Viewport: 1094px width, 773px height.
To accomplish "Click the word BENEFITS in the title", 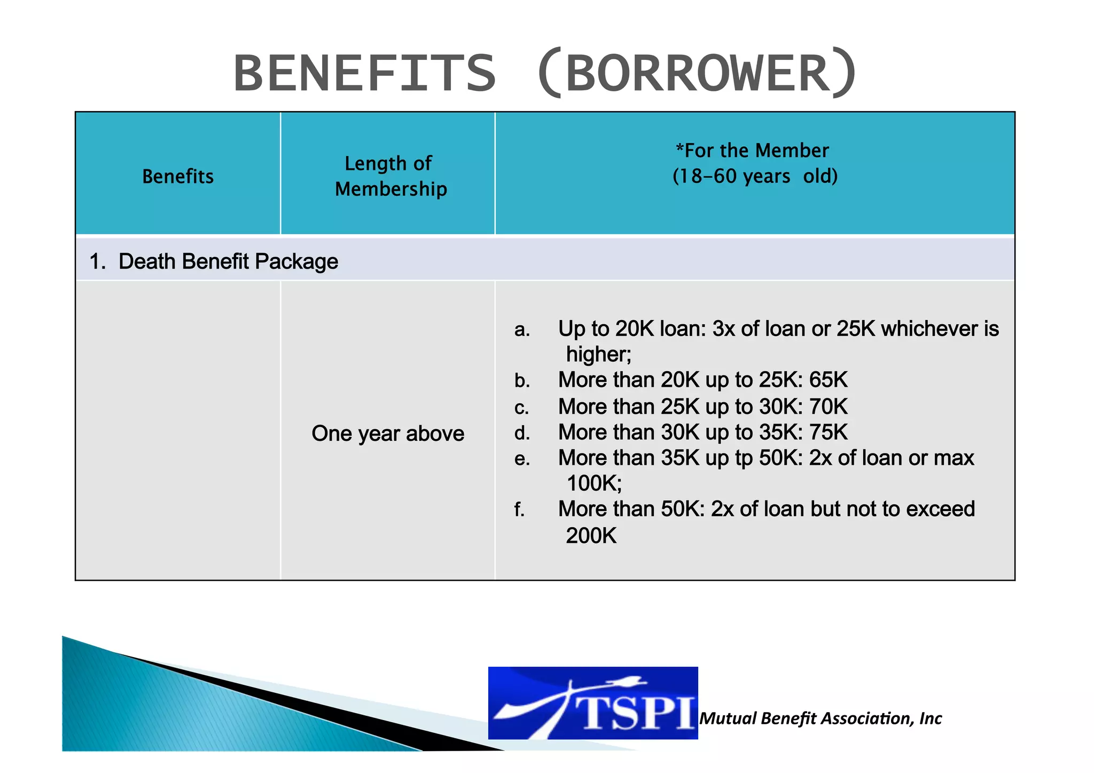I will pos(365,73).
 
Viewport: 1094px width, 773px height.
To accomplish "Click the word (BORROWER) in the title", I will pos(697,73).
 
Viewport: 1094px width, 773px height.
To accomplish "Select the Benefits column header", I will pos(178,176).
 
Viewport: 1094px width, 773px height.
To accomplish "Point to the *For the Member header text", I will pos(752,151).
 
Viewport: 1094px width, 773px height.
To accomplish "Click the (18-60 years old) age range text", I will pos(755,176).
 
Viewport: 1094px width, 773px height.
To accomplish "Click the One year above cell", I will pos(388,433).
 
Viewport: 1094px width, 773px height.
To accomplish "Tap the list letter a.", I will pos(522,330).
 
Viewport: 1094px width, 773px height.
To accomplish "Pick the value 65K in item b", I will pos(828,380).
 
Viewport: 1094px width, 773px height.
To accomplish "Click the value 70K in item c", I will pos(828,407).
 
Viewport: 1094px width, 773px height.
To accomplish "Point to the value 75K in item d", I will pos(828,432).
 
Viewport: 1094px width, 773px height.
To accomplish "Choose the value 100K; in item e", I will pos(594,483).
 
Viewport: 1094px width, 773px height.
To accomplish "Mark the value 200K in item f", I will pos(591,535).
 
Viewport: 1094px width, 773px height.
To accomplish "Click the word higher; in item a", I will pos(599,354).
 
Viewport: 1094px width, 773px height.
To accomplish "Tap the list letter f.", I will pos(519,510).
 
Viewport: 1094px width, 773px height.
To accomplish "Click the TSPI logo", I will pos(593,703).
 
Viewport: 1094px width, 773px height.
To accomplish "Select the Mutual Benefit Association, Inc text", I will pos(820,718).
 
